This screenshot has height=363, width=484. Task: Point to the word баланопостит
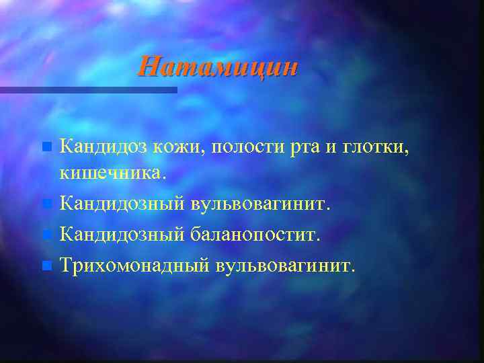[x=256, y=235]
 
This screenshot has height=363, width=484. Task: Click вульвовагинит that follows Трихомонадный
[x=284, y=266]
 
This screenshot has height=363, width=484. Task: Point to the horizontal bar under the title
[x=88, y=89]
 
